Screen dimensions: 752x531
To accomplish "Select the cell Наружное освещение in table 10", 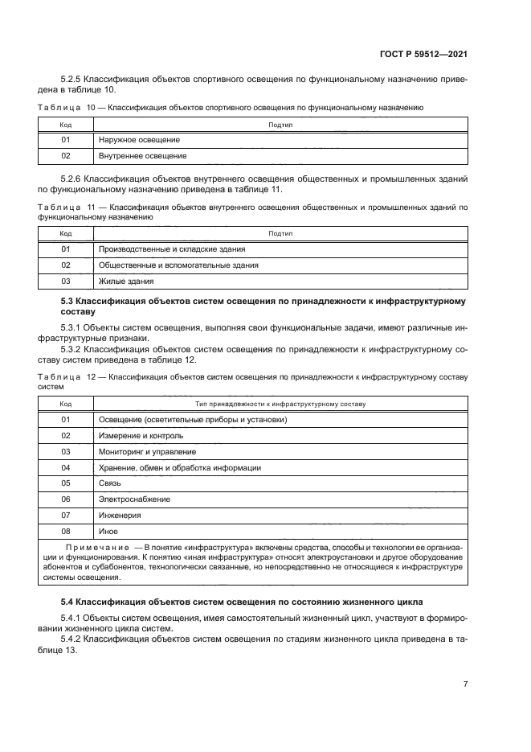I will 138,140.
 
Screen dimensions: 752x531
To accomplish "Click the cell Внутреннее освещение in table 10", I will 142,155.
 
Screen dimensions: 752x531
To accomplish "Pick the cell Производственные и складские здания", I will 172,249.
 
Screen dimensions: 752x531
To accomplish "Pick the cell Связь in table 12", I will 109,483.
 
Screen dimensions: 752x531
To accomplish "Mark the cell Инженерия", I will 120,516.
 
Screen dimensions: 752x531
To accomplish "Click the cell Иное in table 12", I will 108,532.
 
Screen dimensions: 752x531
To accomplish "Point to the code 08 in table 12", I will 66,532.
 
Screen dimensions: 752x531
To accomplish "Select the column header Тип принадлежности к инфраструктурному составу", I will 280,404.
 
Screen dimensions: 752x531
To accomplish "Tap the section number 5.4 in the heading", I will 69,602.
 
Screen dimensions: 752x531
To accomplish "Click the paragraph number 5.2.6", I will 74,178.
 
